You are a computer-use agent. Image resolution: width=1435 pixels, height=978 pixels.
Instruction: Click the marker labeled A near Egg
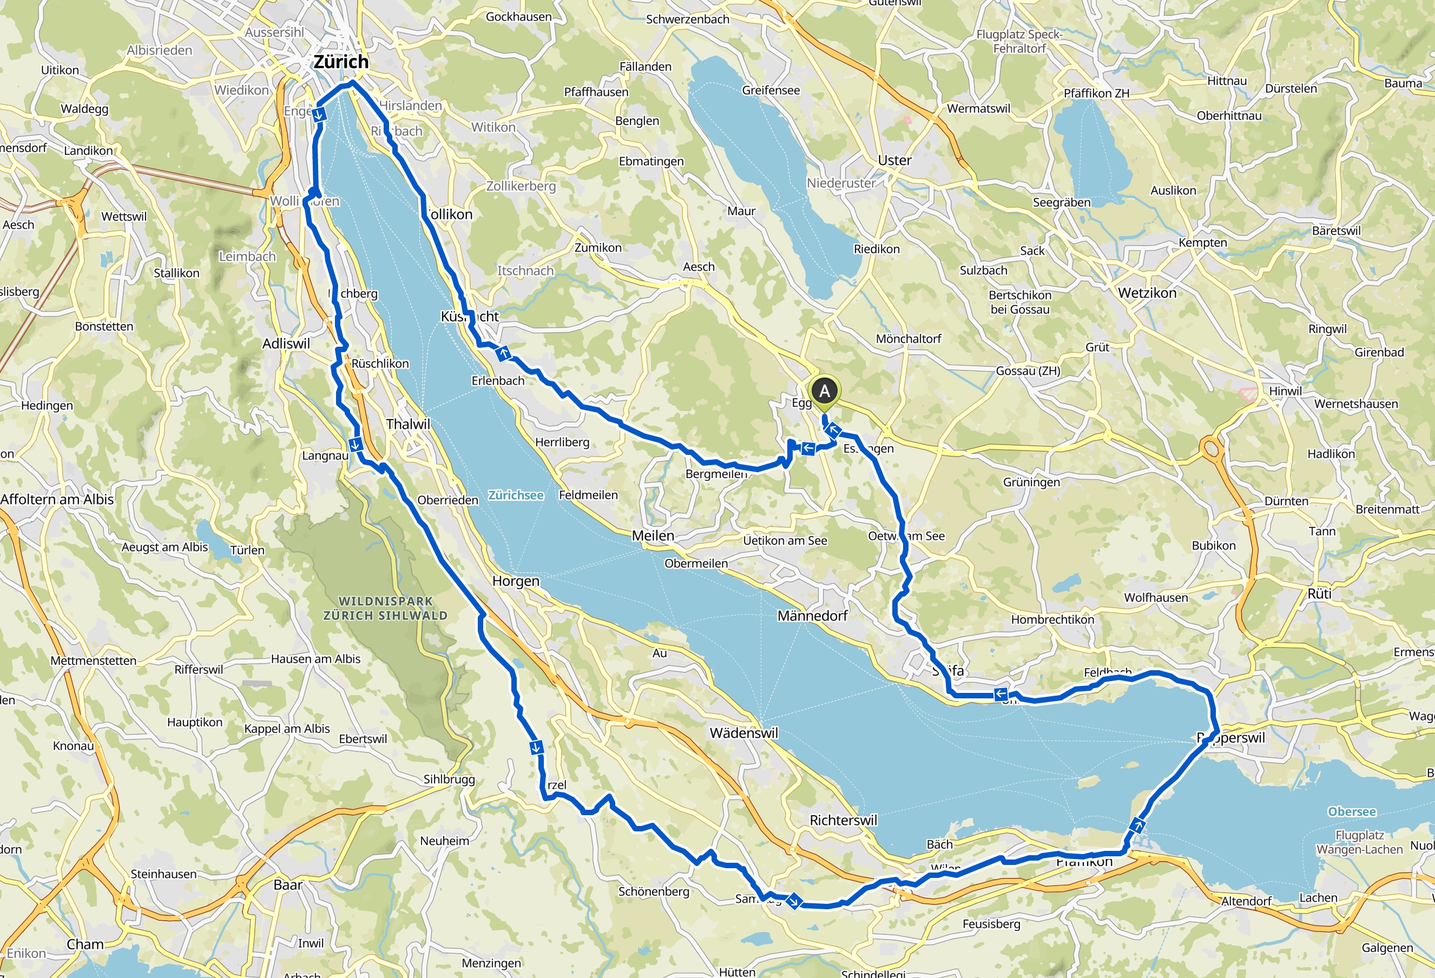(x=824, y=392)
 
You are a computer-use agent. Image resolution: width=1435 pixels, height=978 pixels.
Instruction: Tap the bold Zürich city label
(x=341, y=62)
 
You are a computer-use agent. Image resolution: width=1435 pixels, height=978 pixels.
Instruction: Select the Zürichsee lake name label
(x=516, y=495)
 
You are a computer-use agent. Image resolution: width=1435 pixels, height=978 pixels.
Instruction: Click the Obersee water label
(x=1352, y=811)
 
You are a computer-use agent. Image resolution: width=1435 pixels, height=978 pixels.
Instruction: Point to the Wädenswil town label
(x=743, y=733)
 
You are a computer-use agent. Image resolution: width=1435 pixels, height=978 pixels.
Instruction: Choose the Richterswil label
(x=843, y=820)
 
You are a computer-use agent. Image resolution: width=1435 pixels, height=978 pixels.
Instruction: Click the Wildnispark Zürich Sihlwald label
(x=385, y=608)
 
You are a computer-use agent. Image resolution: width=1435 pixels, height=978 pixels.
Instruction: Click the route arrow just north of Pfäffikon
(x=1138, y=825)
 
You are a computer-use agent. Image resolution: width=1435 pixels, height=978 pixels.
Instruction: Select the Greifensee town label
(x=771, y=90)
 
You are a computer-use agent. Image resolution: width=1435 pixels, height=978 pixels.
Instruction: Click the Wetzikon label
(x=1147, y=293)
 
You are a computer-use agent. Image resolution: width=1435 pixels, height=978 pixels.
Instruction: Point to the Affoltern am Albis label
(x=57, y=499)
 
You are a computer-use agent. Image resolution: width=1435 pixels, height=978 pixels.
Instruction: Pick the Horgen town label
(x=516, y=581)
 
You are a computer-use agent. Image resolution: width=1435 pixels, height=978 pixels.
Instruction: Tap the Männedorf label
(x=812, y=616)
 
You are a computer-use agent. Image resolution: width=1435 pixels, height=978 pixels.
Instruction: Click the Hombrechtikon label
(x=1052, y=619)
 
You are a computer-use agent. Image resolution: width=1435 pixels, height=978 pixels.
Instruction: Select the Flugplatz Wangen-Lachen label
(x=1359, y=842)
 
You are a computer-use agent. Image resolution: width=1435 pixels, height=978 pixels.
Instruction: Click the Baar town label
(x=288, y=885)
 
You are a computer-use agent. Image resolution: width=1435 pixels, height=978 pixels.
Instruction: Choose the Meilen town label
(x=653, y=536)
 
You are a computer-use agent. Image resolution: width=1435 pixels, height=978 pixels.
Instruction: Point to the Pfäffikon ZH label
(x=1096, y=93)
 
